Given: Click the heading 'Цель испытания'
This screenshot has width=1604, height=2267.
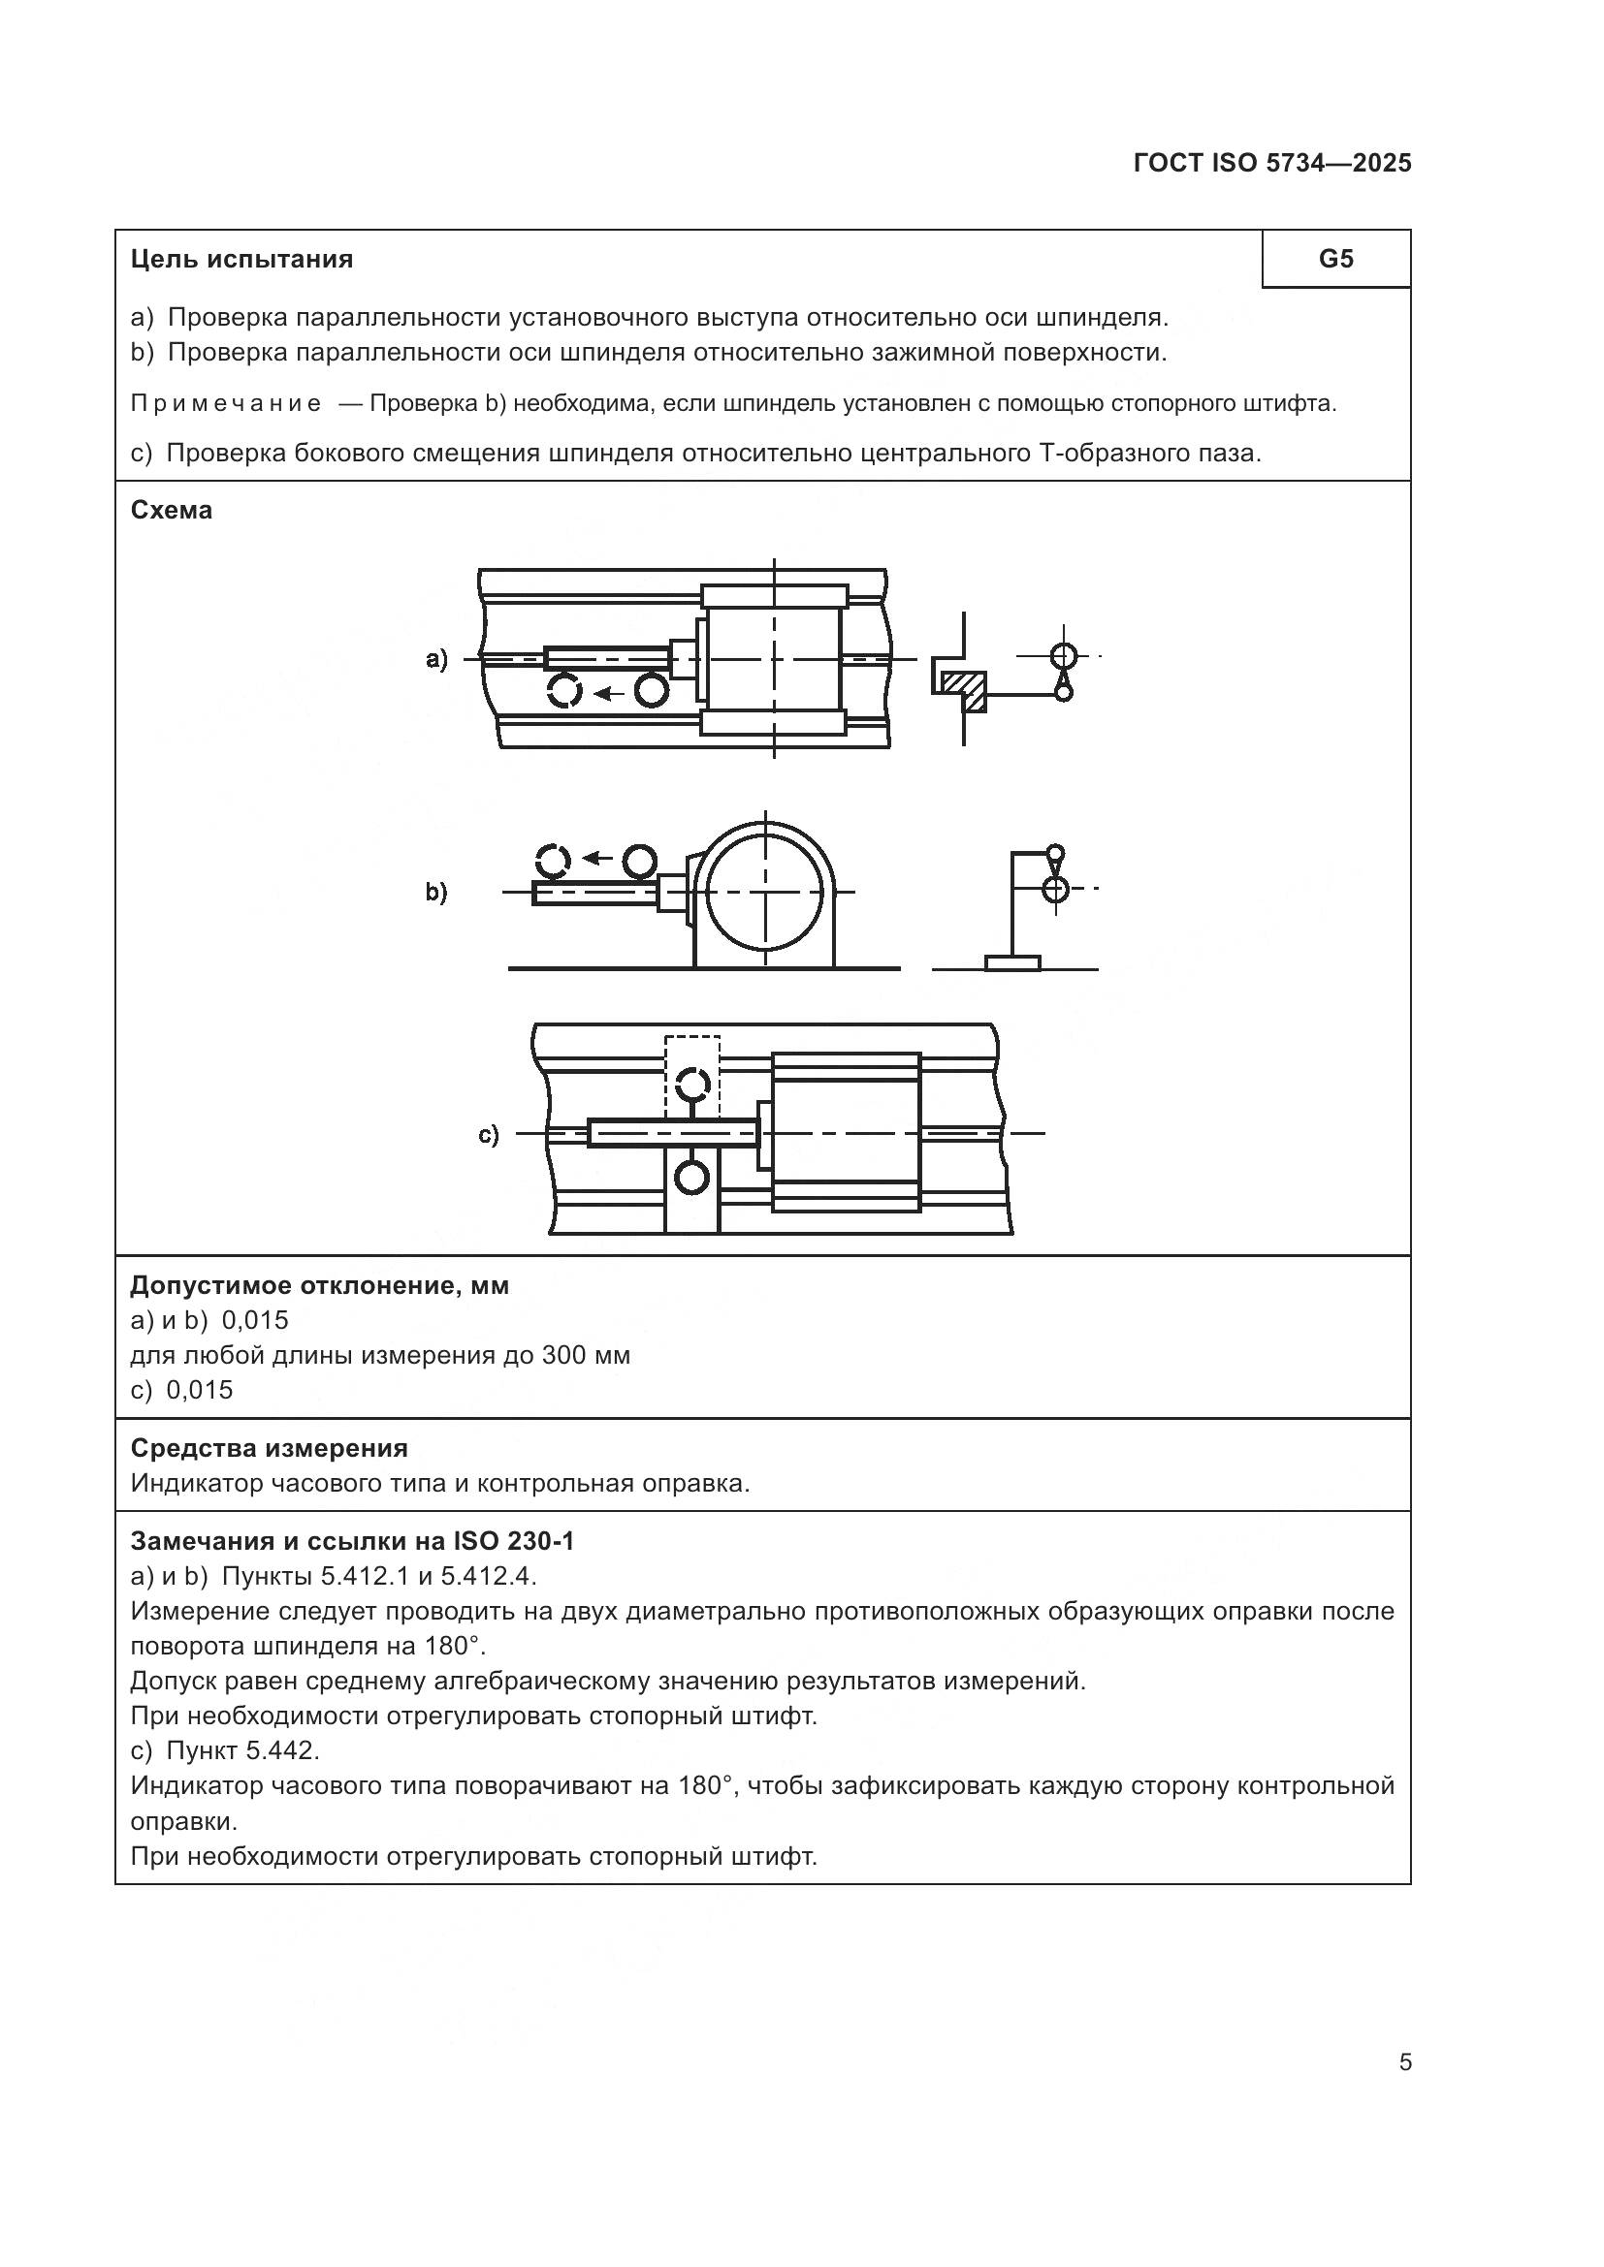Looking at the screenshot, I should click(242, 260).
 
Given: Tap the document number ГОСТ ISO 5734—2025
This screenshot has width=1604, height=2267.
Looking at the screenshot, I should click(1272, 163).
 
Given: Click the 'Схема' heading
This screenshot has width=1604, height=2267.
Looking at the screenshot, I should click(171, 511).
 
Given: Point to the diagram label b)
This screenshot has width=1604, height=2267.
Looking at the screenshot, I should click(436, 893).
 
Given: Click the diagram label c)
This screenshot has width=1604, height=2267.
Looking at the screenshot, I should click(489, 1135).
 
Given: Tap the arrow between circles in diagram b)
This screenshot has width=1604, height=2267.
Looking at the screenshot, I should click(595, 858).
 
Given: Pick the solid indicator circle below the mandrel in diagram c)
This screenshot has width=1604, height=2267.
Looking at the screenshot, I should click(691, 1177).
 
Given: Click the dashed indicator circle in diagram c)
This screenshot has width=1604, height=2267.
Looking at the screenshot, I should click(693, 1085).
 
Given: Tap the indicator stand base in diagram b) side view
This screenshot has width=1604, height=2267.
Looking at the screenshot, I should click(1012, 962).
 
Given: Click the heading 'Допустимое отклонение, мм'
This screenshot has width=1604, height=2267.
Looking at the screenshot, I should click(320, 1285).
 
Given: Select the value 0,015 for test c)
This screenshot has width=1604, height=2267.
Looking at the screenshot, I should click(200, 1390).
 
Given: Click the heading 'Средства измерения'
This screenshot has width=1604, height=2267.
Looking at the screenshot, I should click(270, 1448).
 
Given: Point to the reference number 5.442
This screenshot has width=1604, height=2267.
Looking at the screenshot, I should click(281, 1750).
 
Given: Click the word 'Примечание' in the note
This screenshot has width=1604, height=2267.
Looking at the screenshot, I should click(226, 404).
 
